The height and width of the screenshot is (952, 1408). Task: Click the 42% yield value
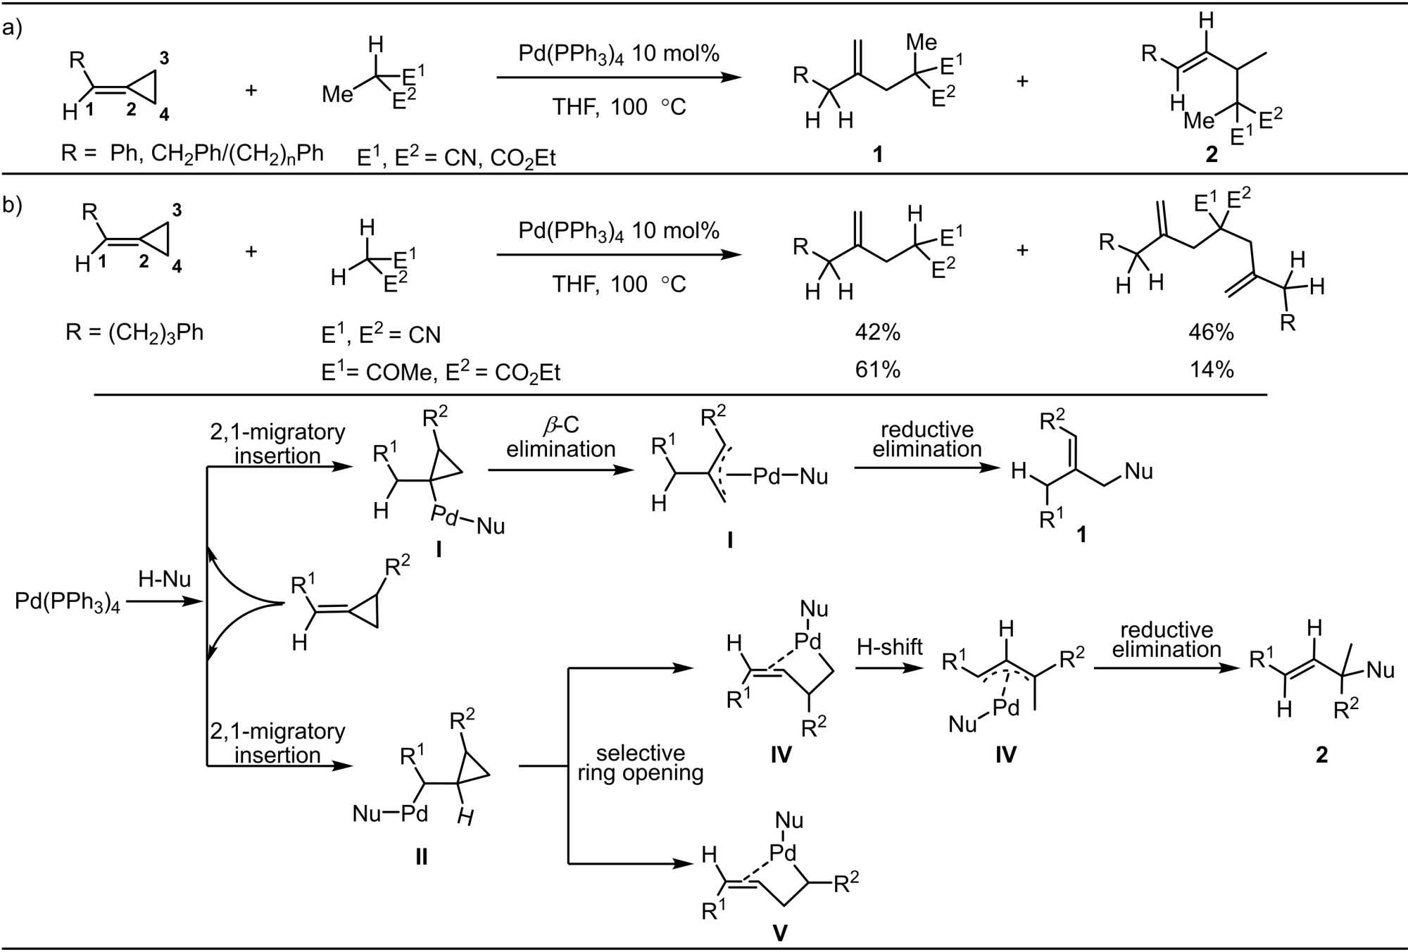[x=877, y=332]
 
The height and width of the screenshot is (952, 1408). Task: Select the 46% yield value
[x=1211, y=332]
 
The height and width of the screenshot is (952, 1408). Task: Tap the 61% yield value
[x=877, y=370]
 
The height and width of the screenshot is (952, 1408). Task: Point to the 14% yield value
[x=1211, y=370]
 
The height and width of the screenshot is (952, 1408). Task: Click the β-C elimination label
[x=560, y=437]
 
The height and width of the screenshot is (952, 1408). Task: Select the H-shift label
[x=889, y=646]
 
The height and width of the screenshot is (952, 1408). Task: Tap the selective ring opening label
[x=640, y=763]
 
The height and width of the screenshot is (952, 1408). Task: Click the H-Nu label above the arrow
[x=164, y=580]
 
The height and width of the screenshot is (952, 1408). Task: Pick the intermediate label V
[x=780, y=933]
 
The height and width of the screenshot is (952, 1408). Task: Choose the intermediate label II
[x=421, y=856]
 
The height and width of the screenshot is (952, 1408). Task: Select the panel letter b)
[x=13, y=205]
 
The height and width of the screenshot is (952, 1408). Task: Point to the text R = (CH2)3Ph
[x=134, y=332]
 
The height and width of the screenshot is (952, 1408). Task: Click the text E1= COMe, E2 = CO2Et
[x=441, y=372]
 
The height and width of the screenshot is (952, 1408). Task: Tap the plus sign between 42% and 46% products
[x=1022, y=250]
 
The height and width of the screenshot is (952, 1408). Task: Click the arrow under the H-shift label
[x=889, y=667]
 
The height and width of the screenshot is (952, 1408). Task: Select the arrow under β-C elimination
[x=560, y=470]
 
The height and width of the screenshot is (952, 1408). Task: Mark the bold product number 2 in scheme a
[x=1211, y=154]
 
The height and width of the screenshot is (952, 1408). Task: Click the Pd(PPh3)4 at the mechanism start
[x=68, y=603]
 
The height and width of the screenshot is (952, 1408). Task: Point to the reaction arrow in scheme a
[x=619, y=77]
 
